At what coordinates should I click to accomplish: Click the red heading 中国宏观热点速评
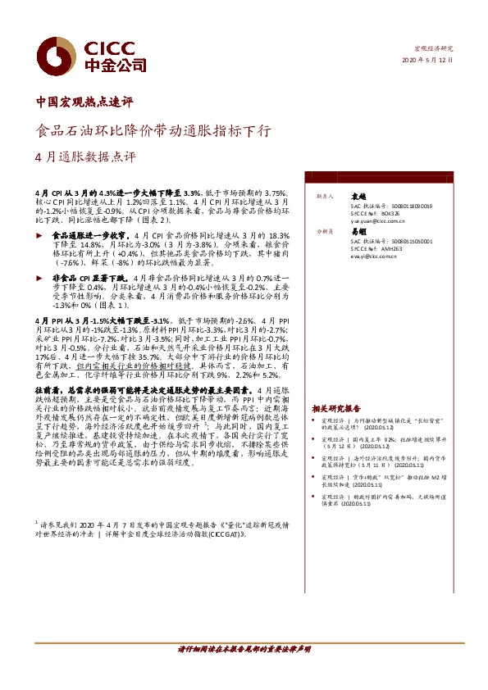click(85, 102)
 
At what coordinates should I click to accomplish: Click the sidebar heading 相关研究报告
click(335, 407)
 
